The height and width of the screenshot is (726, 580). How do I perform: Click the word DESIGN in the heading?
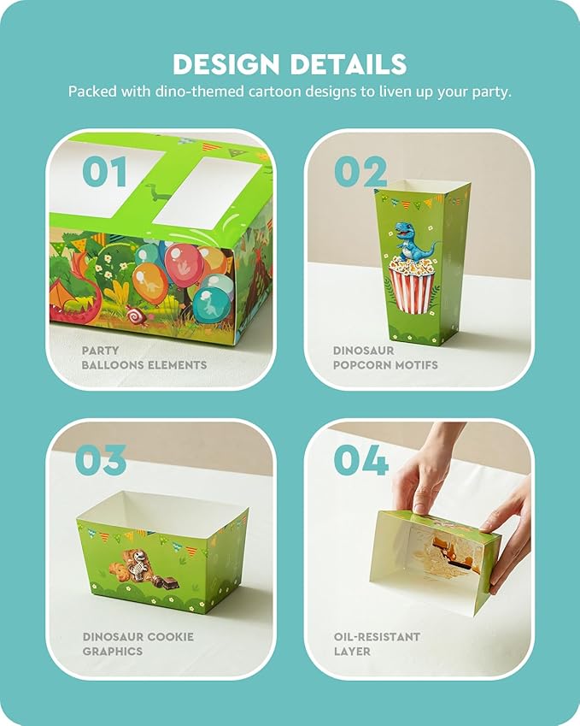point(226,64)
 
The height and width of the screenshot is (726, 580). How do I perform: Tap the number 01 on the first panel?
point(104,171)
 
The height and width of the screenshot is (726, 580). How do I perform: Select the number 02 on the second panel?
point(360,171)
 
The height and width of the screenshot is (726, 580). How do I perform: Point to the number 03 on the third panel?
point(101,460)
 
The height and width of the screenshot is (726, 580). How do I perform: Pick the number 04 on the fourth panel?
point(361,460)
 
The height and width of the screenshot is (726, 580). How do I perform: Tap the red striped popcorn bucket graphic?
point(411,286)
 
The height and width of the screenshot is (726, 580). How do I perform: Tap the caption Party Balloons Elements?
point(144,358)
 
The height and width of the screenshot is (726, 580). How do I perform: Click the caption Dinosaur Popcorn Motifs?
point(385,358)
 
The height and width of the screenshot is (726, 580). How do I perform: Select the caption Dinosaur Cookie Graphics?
point(138,644)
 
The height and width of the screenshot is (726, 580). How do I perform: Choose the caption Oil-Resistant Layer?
point(377,644)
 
